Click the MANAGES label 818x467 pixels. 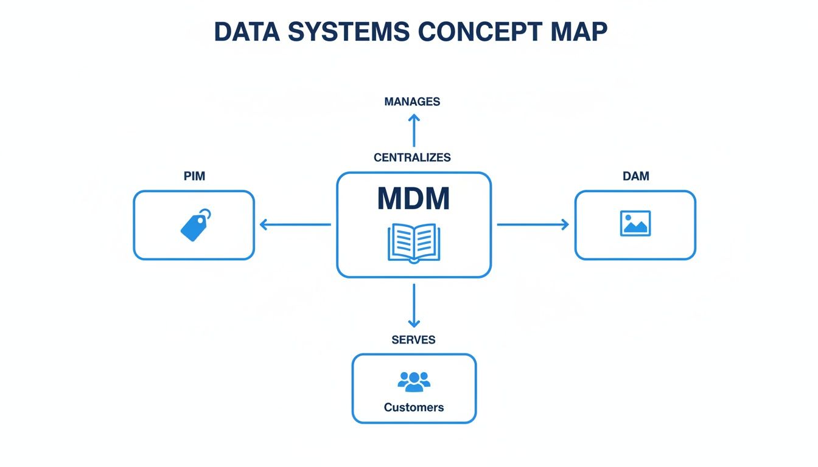412,102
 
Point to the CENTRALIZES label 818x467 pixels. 412,157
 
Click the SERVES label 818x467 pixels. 413,340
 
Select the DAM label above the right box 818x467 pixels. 636,176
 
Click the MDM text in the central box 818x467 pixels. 413,198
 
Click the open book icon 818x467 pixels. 413,243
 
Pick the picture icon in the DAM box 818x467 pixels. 635,223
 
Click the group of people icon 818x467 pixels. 414,381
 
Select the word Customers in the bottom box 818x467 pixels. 414,407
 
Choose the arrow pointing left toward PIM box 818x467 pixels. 295,225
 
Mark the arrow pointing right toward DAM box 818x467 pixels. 533,225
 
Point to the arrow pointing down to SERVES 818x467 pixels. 414,306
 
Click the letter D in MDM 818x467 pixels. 413,198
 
